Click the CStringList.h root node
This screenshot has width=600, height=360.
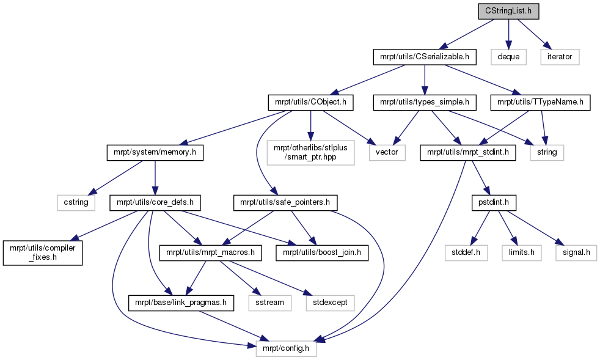point(508,11)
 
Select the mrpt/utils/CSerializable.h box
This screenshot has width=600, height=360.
point(425,57)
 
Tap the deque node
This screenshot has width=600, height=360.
point(508,57)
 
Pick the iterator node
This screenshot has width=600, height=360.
point(560,57)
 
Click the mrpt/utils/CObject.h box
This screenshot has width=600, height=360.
point(310,102)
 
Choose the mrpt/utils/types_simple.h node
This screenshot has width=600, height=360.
point(425,102)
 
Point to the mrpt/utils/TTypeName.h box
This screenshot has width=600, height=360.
point(540,102)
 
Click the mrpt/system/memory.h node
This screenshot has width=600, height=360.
point(155,152)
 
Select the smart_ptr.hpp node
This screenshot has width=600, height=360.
point(310,152)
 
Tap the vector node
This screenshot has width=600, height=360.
point(387,152)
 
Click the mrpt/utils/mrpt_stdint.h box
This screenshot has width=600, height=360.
point(467,152)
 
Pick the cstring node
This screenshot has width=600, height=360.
point(76,202)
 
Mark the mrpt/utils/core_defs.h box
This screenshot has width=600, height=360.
point(155,202)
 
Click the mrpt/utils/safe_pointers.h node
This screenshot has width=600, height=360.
point(285,202)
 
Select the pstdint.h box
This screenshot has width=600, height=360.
point(494,202)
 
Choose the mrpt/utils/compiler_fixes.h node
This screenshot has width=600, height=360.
point(43,253)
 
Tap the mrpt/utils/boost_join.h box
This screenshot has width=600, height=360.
point(322,253)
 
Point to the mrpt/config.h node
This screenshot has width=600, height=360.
point(286,348)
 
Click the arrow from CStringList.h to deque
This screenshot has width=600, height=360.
point(508,34)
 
